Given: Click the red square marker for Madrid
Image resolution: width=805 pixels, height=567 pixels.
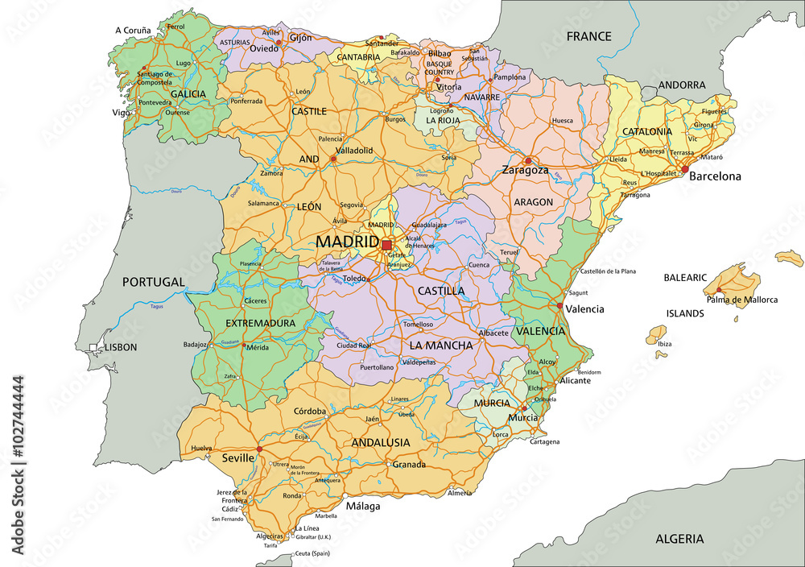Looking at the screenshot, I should click(x=386, y=244).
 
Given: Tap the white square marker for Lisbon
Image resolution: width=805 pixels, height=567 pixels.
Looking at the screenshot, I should click(x=93, y=348).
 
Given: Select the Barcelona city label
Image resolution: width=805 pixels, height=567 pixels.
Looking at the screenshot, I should click(x=714, y=176).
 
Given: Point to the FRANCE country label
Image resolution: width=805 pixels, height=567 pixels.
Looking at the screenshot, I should click(x=588, y=36).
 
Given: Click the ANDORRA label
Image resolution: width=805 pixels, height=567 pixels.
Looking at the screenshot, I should click(x=682, y=85).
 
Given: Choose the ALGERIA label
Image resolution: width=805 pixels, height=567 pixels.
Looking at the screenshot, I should click(x=679, y=539).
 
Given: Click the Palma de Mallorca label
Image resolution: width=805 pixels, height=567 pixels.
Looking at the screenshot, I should click(x=742, y=300).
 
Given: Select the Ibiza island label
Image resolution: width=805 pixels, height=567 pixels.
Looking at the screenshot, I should click(x=664, y=344).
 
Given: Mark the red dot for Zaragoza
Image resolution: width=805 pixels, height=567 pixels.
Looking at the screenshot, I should click(x=528, y=160).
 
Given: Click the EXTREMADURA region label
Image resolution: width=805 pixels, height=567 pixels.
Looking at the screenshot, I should click(x=259, y=323).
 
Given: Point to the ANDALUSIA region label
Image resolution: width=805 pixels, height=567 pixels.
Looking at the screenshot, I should click(x=381, y=442).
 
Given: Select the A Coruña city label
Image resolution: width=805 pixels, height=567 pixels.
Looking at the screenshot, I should click(x=133, y=31).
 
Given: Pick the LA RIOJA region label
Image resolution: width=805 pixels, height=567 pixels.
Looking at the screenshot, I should click(x=443, y=120).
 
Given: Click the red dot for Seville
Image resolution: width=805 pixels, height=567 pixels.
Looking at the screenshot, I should click(x=258, y=449).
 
